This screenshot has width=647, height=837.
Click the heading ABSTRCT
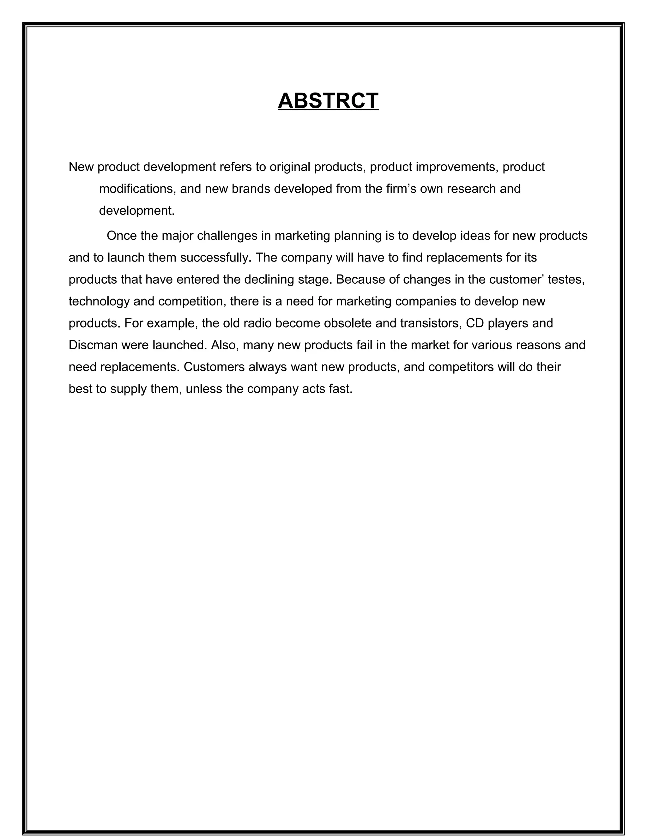[328, 101]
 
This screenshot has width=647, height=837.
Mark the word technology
[99, 302]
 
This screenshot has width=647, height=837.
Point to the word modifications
[138, 189]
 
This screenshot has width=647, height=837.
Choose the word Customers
[214, 367]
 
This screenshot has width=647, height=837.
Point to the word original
[290, 167]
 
